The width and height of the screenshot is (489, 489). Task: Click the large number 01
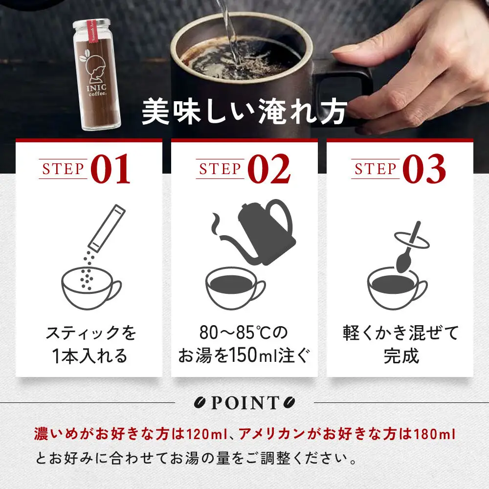[111, 169]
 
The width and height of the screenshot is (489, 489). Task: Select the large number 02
[268, 169]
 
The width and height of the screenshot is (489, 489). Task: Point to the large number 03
[424, 169]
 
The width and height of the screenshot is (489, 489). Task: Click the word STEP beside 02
[220, 169]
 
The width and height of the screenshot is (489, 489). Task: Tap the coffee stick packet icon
[106, 227]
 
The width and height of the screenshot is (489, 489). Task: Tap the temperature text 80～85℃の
[244, 333]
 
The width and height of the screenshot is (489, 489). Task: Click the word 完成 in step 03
[401, 356]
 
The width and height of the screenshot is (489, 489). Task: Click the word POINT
[244, 403]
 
